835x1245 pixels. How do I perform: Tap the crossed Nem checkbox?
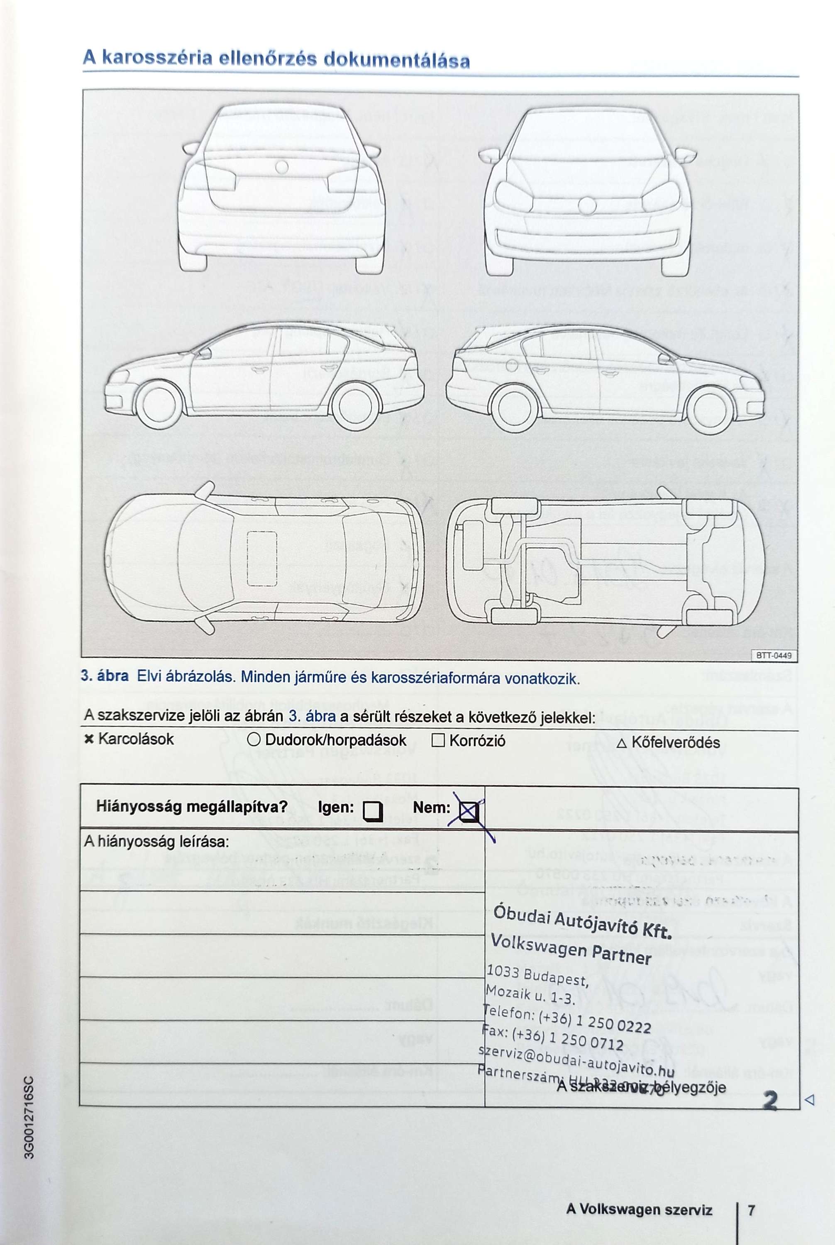point(469,812)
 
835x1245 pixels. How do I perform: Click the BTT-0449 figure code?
point(774,656)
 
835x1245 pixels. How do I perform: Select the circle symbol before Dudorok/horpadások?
point(254,739)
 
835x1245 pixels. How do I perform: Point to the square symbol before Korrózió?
point(438,740)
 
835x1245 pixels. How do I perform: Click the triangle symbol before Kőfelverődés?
point(621,743)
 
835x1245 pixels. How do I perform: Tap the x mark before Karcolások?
point(89,739)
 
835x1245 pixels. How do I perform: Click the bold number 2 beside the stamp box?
point(770,1100)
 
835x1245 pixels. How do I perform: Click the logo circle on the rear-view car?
point(282,167)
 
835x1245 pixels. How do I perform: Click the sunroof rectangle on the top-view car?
point(262,559)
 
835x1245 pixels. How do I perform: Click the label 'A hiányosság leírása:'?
point(156,842)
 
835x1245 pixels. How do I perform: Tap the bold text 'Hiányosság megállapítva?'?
point(192,806)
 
